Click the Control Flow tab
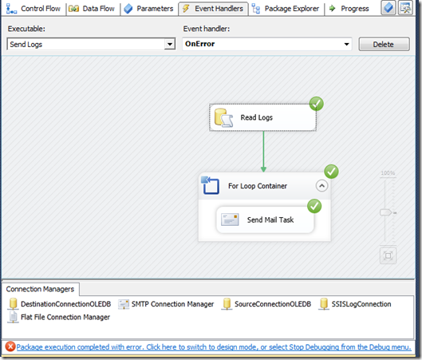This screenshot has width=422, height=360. [34, 9]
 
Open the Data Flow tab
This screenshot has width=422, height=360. [92, 9]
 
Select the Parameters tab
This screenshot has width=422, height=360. [148, 9]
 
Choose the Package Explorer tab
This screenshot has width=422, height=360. [286, 9]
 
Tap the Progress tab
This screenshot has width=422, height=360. [349, 9]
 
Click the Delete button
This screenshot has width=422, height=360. [384, 44]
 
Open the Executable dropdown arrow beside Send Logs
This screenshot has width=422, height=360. [170, 44]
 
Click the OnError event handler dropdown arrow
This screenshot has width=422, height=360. [347, 44]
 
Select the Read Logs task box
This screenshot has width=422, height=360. [262, 117]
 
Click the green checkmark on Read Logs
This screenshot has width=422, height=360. [316, 104]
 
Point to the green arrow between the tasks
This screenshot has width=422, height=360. [263, 152]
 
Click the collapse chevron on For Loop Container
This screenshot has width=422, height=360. [321, 186]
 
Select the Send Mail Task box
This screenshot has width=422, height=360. [265, 220]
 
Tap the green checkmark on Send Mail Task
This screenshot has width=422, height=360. [314, 206]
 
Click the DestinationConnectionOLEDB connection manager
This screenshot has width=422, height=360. [60, 304]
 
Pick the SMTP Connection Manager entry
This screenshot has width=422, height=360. [166, 304]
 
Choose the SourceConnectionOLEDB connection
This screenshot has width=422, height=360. [266, 304]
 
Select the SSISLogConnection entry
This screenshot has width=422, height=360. [355, 304]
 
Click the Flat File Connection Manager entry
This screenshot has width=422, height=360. [59, 317]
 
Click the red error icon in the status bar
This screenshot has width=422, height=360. [10, 346]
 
